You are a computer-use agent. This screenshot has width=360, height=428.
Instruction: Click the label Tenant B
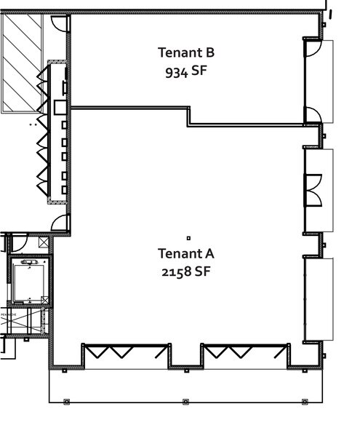pyautogui.click(x=186, y=52)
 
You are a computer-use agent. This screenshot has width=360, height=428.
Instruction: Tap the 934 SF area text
pyautogui.click(x=186, y=72)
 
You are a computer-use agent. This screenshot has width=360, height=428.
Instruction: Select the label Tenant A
pyautogui.click(x=186, y=253)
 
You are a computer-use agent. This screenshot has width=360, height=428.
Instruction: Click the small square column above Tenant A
pyautogui.click(x=188, y=237)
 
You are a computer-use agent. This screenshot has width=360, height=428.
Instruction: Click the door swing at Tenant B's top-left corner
pyautogui.click(x=61, y=23)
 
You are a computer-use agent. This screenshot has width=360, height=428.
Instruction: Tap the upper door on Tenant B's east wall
pyautogui.click(x=312, y=49)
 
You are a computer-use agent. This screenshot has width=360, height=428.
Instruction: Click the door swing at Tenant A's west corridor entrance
pyautogui.click(x=61, y=223)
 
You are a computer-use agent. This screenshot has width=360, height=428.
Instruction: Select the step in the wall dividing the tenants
pyautogui.click(x=190, y=116)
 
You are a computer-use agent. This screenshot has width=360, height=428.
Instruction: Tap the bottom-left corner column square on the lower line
pyautogui.click(x=66, y=401)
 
